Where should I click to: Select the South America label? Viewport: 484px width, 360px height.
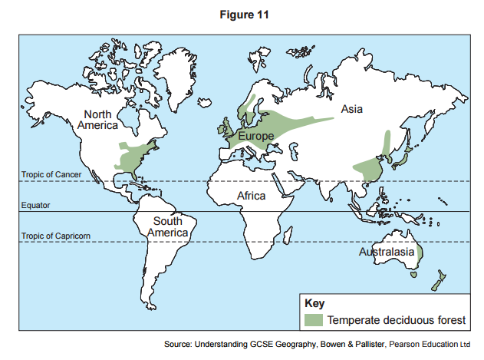(167, 226)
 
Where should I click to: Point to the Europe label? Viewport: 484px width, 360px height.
(255, 136)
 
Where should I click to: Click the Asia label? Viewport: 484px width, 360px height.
(352, 110)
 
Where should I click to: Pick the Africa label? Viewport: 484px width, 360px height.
(251, 196)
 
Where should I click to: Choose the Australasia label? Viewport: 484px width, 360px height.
(387, 252)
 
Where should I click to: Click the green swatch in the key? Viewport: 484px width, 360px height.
(313, 319)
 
